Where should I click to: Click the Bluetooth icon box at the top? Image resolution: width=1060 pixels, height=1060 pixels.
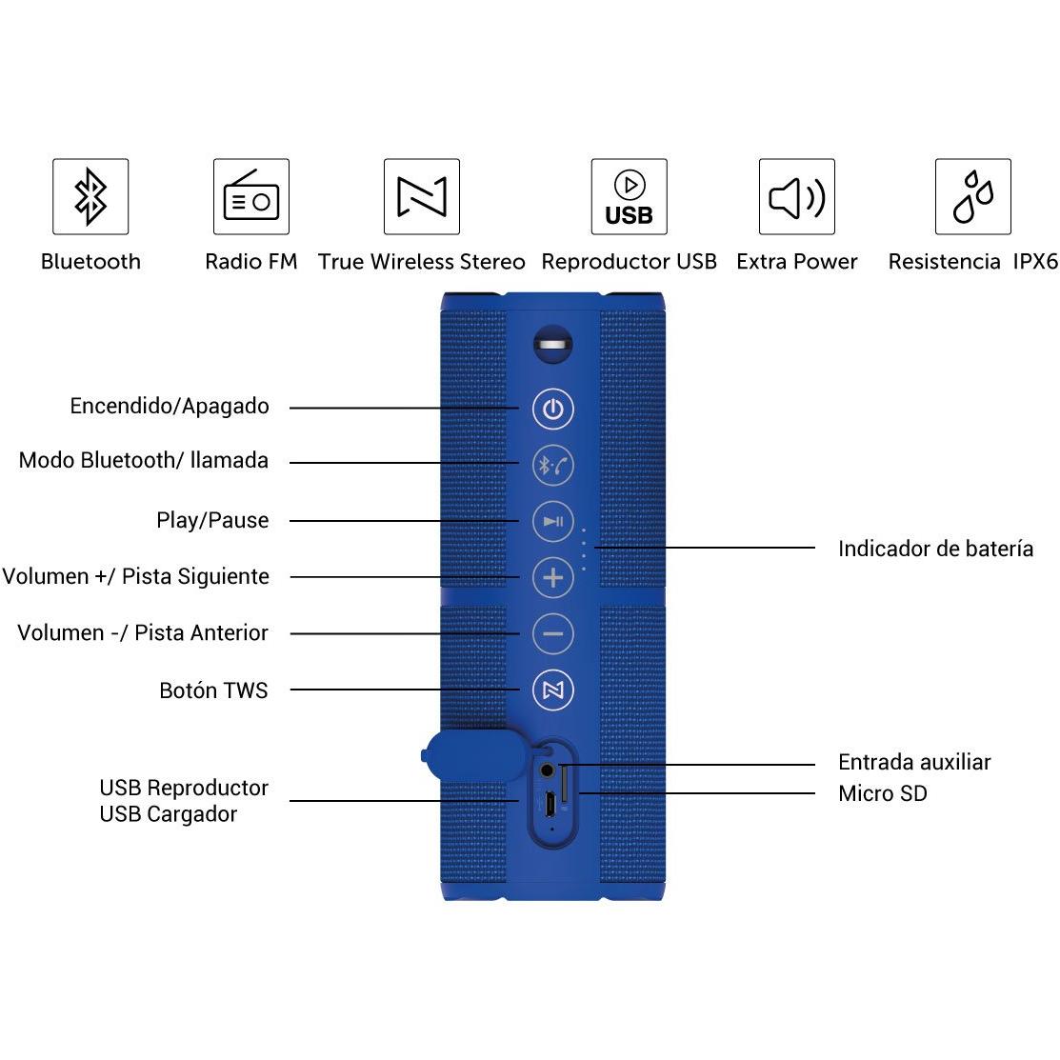point(90,197)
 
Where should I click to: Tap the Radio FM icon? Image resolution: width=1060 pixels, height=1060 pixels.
point(251,197)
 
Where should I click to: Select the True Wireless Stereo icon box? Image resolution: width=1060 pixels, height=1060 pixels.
point(422,197)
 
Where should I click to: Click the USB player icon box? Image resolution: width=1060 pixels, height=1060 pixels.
point(630,197)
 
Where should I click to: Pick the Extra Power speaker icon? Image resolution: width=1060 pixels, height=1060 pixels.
point(797,197)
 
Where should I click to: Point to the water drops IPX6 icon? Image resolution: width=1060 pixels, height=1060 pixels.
point(973,197)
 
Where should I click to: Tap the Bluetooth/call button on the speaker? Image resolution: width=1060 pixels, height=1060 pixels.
point(553,465)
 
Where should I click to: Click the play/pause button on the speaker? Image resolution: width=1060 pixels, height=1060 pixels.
point(553,521)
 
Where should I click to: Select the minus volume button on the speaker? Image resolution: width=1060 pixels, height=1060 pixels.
point(553,633)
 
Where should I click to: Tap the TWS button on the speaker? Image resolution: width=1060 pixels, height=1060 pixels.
point(553,690)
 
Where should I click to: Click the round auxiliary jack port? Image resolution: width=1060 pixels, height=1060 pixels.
point(547,770)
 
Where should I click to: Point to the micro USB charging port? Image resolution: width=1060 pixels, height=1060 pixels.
point(550,804)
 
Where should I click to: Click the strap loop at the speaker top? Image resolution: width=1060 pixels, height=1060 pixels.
point(553,345)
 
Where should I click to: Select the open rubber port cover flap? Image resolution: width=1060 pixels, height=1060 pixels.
point(473,755)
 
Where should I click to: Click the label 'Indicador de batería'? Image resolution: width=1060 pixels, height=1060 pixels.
point(935,549)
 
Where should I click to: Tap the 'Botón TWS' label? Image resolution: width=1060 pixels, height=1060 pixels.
point(213,690)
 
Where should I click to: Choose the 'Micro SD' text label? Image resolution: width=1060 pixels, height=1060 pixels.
point(883,793)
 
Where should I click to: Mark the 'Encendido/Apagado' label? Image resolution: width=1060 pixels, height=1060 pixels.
point(170,406)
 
